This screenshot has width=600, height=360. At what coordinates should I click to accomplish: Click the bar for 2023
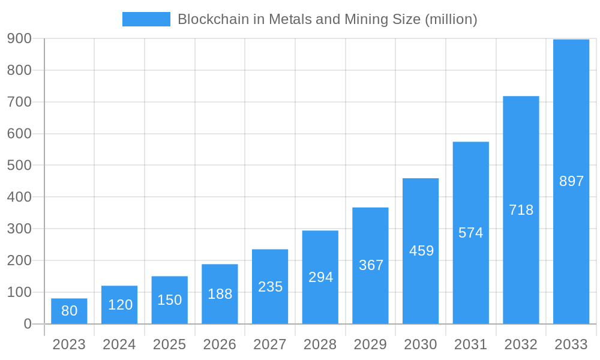click(x=69, y=311)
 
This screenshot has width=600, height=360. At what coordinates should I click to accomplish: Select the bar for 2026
click(x=220, y=294)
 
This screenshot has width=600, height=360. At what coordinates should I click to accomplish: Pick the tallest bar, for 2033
click(x=571, y=181)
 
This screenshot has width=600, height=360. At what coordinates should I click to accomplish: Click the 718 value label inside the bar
click(x=521, y=210)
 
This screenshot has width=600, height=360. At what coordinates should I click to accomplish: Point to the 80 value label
click(x=69, y=311)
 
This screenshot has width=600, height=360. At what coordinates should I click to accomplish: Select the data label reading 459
click(x=421, y=251)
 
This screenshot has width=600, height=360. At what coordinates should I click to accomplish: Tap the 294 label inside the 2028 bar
click(x=320, y=277)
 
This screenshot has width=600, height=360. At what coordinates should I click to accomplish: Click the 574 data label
click(x=470, y=233)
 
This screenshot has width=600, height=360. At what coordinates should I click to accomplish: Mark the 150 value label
click(x=169, y=300)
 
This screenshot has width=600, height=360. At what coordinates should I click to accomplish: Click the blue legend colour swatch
click(x=146, y=19)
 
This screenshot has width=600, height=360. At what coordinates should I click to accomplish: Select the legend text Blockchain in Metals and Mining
click(x=327, y=19)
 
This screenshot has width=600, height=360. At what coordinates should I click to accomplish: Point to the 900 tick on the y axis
click(x=19, y=38)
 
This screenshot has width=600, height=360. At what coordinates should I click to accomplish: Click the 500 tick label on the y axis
click(x=19, y=166)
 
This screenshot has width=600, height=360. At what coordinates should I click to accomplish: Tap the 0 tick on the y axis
click(x=28, y=324)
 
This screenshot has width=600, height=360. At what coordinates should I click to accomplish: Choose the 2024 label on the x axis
click(x=119, y=344)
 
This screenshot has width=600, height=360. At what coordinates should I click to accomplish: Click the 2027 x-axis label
click(x=270, y=344)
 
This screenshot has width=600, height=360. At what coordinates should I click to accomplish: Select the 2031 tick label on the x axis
click(x=470, y=344)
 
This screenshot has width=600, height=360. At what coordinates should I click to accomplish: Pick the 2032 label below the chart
click(x=521, y=344)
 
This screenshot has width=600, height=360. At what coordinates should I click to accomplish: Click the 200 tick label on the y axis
click(x=19, y=260)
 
